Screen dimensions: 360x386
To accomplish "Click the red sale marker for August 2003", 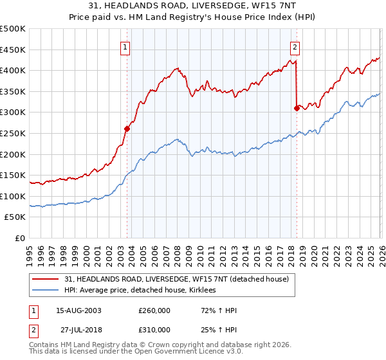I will (x=127, y=129).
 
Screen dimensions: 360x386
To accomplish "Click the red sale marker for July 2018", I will (x=297, y=108).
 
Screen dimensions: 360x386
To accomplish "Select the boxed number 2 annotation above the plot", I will (x=295, y=46).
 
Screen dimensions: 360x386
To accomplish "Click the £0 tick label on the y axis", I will (x=20, y=238).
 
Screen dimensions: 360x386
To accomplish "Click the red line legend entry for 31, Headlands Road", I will (x=179, y=279).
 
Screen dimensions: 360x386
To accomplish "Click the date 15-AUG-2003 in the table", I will (x=78, y=310).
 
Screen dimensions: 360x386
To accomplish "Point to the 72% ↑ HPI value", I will (x=206, y=310).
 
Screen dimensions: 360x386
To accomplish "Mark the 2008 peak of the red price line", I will (x=176, y=67).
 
